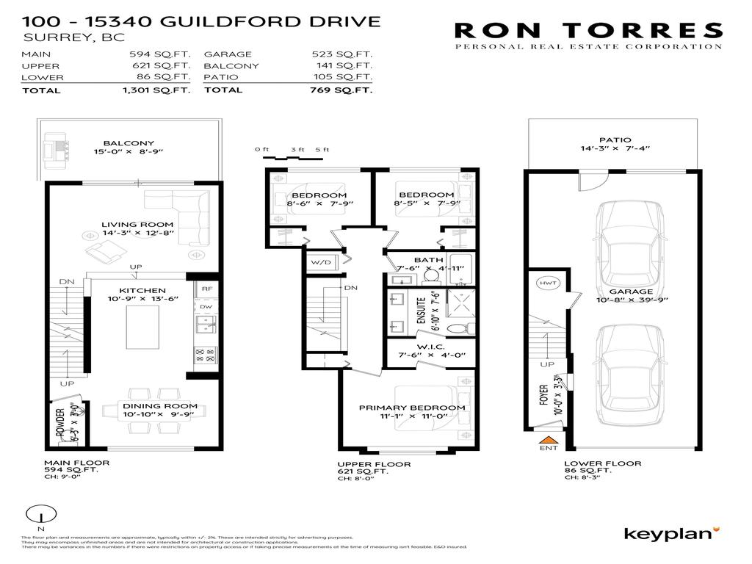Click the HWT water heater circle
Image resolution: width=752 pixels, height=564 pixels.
pos(546,283)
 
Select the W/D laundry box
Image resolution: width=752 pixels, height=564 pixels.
pos(320,261)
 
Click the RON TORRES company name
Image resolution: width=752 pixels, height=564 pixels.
pos(588,30)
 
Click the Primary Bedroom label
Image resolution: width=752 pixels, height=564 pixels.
pos(411,408)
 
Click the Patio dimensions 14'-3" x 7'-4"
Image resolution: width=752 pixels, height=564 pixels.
pos(615,150)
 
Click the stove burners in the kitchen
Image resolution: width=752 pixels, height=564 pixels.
pos(205,355)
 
